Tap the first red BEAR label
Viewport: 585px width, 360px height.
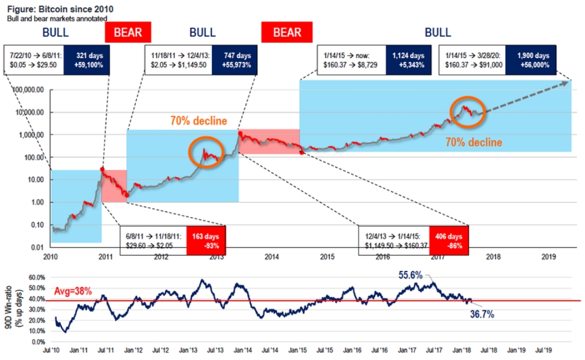tap(128, 32)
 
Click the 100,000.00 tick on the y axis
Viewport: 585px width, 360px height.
tap(31, 90)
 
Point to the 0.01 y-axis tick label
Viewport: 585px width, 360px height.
tap(37, 248)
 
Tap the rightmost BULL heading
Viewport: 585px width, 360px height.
tap(438, 32)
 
